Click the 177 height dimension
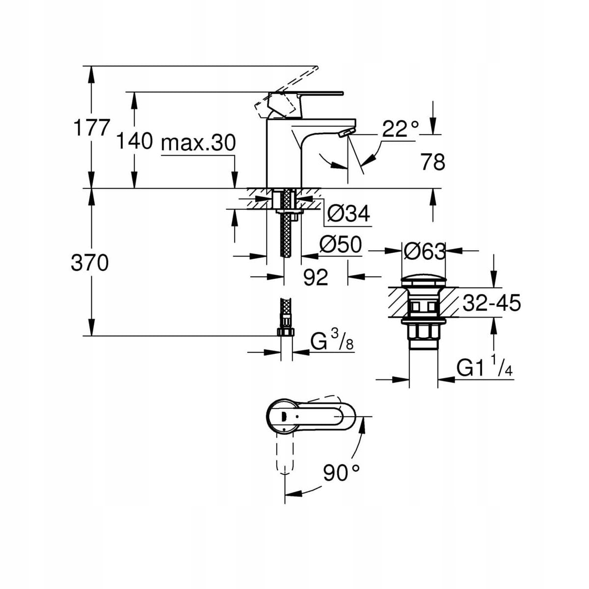[x=91, y=128]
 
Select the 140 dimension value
[x=134, y=142]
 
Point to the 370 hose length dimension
[x=90, y=264]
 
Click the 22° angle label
[x=401, y=129]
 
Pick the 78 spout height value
[x=433, y=162]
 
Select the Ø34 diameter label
[x=348, y=214]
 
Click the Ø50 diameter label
[x=340, y=244]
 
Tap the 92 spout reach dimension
[x=315, y=278]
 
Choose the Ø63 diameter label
[x=424, y=251]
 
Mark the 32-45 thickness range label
[x=491, y=303]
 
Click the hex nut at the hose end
[x=285, y=332]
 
